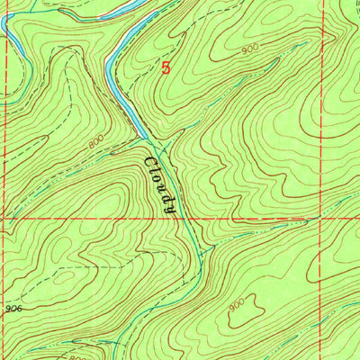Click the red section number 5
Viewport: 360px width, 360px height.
166,67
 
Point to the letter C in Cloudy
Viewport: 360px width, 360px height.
149,162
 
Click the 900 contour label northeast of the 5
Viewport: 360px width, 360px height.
247,52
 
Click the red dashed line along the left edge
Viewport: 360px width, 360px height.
3,180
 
